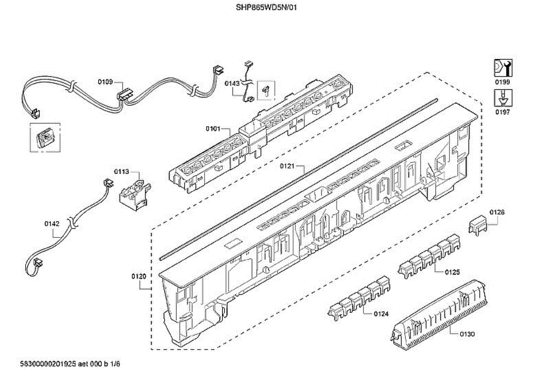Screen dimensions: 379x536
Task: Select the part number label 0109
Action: pos(105,82)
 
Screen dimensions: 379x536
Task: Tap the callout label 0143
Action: pos(232,83)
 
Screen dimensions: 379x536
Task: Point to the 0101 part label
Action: pos(213,129)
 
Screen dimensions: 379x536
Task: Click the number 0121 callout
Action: pos(288,166)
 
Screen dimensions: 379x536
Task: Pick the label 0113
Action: pos(121,171)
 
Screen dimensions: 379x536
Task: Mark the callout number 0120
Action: pos(139,276)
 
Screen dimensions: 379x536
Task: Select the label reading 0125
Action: pos(452,272)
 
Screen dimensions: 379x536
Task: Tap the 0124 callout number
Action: pos(381,314)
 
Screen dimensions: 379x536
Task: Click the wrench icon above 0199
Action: pos(502,68)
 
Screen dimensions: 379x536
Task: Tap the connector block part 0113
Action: pos(134,193)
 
